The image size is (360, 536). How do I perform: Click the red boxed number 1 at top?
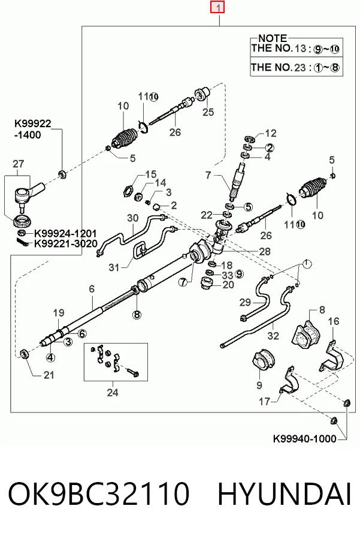217,7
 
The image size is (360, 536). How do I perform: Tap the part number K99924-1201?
65,234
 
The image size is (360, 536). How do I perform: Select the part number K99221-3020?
65,244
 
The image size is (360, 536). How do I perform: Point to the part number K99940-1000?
305,439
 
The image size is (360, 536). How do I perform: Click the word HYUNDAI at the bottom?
285,493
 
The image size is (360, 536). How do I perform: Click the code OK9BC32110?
98,493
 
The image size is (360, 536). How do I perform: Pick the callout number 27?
19,164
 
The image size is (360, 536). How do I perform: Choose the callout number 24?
113,393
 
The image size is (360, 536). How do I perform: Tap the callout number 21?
49,375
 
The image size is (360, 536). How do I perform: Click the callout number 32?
273,336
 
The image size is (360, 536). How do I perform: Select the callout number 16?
334,321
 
